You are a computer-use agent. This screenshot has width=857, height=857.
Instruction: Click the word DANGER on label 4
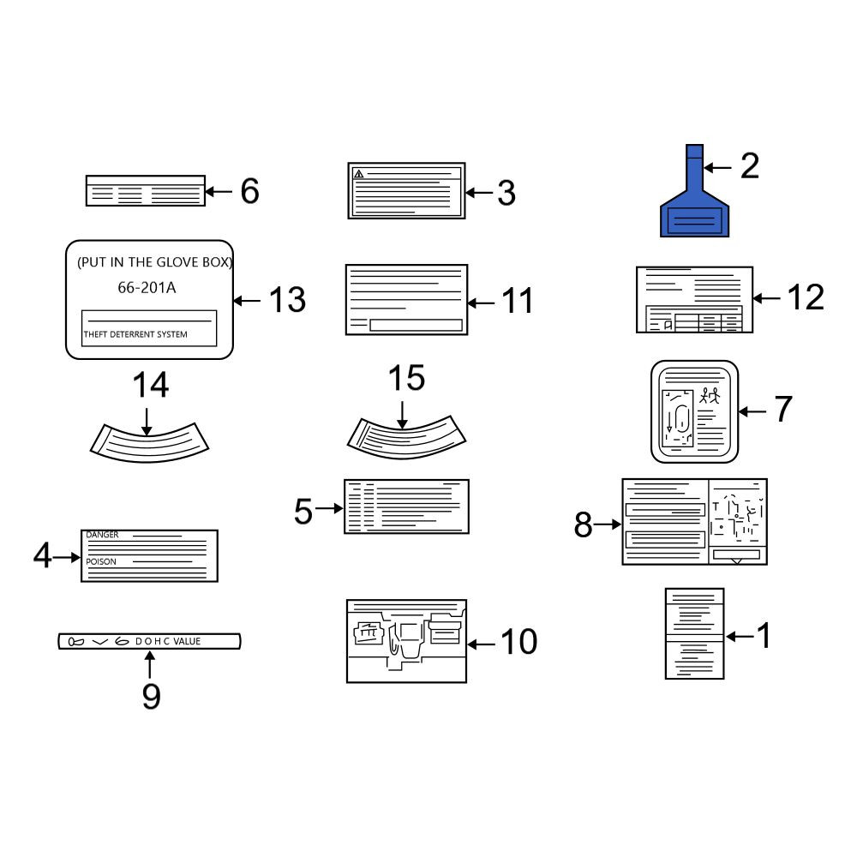102,535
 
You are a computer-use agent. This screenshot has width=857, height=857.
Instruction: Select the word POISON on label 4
101,562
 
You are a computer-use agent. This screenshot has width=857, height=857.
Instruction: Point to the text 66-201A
147,287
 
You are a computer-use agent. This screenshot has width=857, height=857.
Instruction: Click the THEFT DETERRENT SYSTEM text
135,334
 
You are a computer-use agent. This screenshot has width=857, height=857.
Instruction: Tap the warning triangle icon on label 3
358,174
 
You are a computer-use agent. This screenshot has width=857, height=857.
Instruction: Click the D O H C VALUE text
168,641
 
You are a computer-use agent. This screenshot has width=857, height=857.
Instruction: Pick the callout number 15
406,378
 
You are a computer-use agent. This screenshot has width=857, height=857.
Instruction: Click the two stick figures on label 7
710,395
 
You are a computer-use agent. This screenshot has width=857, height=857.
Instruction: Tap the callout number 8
583,524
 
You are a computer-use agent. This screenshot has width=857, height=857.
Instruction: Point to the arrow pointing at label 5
329,508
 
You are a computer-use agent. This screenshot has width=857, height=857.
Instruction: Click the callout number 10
518,642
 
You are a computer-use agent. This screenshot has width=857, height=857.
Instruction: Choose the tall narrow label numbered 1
694,634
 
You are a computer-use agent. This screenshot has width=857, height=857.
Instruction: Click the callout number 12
806,297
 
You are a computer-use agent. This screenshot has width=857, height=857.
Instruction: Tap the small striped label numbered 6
146,191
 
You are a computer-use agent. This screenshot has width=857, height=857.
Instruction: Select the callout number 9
152,696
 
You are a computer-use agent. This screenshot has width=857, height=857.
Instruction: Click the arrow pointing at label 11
481,303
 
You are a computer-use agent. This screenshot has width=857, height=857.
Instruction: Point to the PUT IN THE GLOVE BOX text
154,262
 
